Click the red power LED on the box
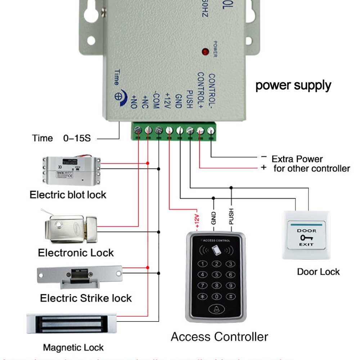click(205, 51)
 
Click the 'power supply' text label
click(293, 86)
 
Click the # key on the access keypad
click(230, 297)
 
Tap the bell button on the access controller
click(216, 309)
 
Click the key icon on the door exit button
click(306, 238)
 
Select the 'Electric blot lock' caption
click(68, 195)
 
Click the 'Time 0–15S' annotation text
click(62, 138)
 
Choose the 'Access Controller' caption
click(219, 337)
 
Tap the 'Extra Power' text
click(297, 159)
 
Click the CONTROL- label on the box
click(212, 92)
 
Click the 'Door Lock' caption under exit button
click(318, 271)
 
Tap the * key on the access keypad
click(203, 297)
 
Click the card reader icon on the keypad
click(217, 249)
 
